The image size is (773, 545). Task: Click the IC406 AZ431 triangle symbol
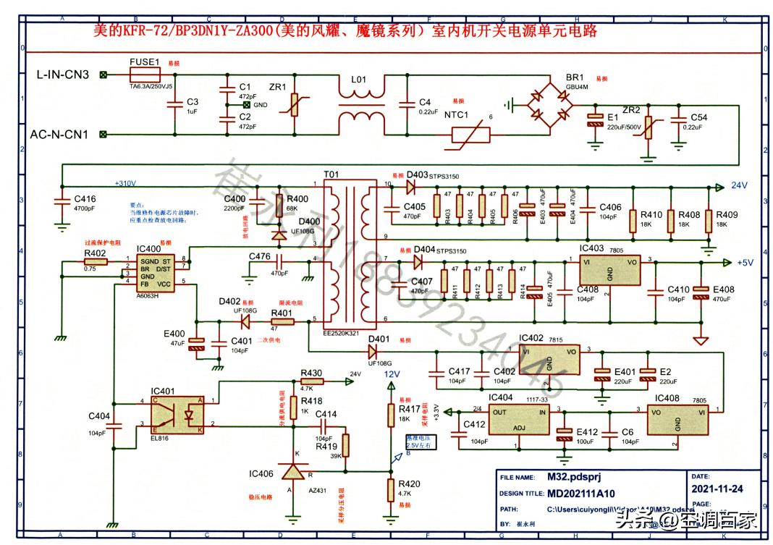[293, 473]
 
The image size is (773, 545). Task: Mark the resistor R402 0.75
[95, 262]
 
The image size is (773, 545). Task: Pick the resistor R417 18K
[390, 412]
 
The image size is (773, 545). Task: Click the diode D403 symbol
[411, 187]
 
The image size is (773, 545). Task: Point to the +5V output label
[746, 263]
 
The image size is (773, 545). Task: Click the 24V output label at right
[738, 186]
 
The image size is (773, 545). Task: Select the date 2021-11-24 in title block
[717, 489]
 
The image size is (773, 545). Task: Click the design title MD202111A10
[576, 494]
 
